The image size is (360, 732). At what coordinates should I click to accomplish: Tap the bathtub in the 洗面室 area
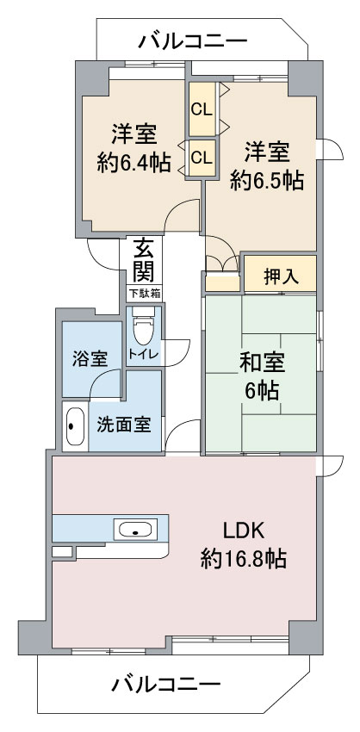coord(75,426)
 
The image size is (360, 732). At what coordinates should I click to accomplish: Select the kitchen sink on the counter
coord(135,530)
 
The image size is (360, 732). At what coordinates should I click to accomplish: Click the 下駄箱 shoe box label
coord(145,294)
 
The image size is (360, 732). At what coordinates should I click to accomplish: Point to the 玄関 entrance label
coord(145,260)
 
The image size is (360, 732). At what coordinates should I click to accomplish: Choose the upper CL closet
coord(202,109)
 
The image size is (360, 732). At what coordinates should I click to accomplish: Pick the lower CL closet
coord(202,158)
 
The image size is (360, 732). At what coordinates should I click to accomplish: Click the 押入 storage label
coord(281,277)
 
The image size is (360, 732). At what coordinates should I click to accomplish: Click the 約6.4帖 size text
coord(133,164)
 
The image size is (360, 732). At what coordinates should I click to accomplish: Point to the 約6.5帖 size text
coord(267,180)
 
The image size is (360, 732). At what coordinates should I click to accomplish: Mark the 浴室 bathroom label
coord(90,359)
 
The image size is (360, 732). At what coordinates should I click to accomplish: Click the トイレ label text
coord(143,353)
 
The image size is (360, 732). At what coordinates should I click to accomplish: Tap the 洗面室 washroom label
coord(124,425)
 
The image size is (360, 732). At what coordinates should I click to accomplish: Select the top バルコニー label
coord(192,41)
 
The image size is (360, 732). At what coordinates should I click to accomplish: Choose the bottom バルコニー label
coord(165,685)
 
